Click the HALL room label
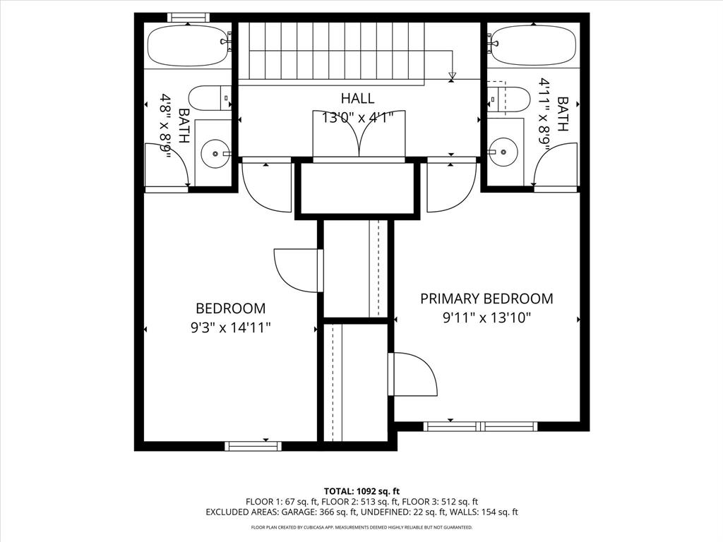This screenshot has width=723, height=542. (357, 98)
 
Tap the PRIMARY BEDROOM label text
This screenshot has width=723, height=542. (486, 299)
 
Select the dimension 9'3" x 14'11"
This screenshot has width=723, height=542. (230, 327)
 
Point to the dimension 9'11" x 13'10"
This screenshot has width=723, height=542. (486, 318)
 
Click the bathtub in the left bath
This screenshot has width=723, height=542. (187, 45)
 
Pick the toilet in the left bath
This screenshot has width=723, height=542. (210, 98)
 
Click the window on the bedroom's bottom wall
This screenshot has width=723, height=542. (253, 445)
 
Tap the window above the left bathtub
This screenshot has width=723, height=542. (188, 17)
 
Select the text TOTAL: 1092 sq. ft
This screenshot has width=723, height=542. (361, 490)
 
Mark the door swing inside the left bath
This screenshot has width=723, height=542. (168, 165)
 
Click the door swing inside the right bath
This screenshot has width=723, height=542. (555, 165)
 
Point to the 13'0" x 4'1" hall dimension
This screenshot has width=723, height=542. (357, 117)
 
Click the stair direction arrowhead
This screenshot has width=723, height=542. (453, 76)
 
